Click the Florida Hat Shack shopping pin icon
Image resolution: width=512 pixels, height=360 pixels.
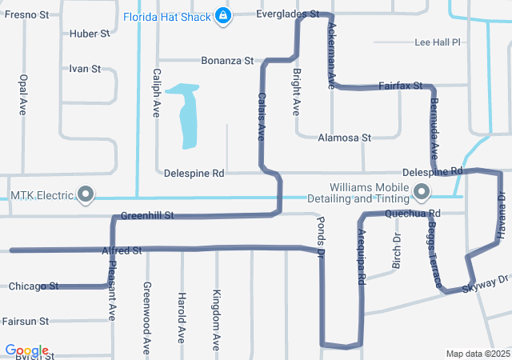pyautogui.click(x=224, y=16)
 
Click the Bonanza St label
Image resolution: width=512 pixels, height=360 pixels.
pyautogui.click(x=226, y=61)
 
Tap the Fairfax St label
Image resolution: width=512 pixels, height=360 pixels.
pyautogui.click(x=399, y=85)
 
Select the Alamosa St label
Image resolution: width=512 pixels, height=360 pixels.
pyautogui.click(x=345, y=138)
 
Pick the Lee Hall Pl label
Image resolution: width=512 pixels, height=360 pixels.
pyautogui.click(x=439, y=42)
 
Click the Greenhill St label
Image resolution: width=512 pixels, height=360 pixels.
pyautogui.click(x=147, y=216)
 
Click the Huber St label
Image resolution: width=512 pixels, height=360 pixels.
pyautogui.click(x=90, y=34)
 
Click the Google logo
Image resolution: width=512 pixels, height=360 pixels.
pyautogui.click(x=26, y=350)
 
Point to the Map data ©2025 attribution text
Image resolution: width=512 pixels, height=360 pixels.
pyautogui.click(x=477, y=354)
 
